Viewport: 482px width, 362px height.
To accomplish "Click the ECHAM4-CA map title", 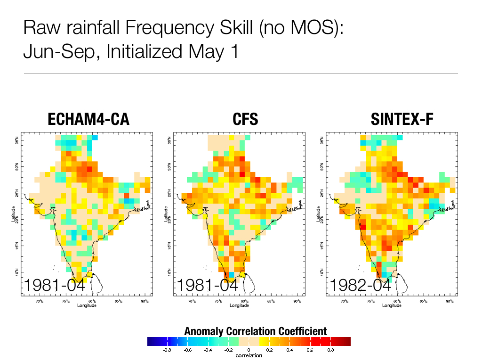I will pyautogui.click(x=88, y=120).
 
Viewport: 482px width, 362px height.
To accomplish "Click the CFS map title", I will pyautogui.click(x=245, y=120).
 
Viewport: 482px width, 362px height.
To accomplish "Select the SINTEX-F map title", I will pyautogui.click(x=402, y=120).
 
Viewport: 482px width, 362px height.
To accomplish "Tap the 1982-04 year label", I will pyautogui.click(x=361, y=286).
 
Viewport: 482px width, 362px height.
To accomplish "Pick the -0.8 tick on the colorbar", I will pyautogui.click(x=167, y=350).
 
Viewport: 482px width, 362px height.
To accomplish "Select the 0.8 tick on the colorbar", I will pyautogui.click(x=330, y=350).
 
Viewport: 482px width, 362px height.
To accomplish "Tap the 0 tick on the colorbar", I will pyautogui.click(x=249, y=350).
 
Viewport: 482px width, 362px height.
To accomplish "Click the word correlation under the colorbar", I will pyautogui.click(x=249, y=355).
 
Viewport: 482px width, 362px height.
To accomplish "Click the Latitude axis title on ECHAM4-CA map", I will pyautogui.click(x=15, y=214).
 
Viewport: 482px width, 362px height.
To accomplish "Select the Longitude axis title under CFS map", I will pyautogui.click(x=240, y=305).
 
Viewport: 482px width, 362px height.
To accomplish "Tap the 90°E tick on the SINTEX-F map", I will pyautogui.click(x=450, y=301).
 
